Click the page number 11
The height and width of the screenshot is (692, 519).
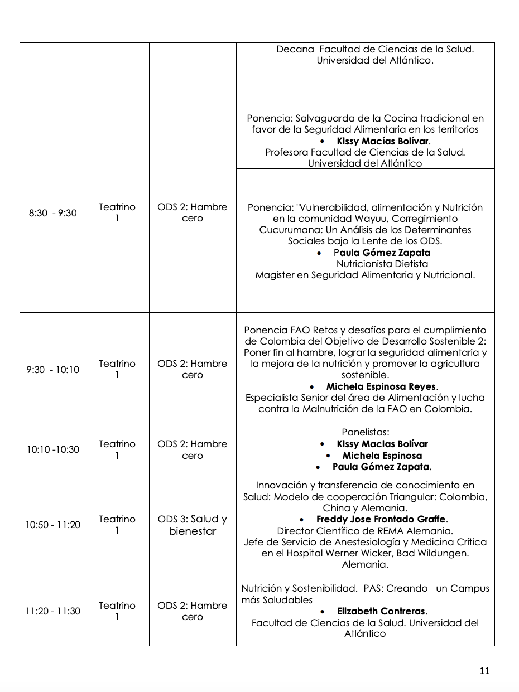point(484,671)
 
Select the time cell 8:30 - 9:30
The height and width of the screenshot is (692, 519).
point(53,213)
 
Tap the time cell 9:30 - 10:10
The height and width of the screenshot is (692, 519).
point(53,370)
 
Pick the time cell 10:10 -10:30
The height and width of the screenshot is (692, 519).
point(53,449)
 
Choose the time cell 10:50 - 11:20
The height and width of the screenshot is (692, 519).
point(53,525)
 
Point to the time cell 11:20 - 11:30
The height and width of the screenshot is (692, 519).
point(53,611)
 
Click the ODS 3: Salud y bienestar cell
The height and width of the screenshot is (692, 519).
point(193,525)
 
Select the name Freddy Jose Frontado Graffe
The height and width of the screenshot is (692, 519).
point(381,520)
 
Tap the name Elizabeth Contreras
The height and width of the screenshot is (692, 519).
point(382,611)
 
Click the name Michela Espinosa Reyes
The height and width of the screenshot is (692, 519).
point(382,386)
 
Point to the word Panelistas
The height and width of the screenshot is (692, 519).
point(364,432)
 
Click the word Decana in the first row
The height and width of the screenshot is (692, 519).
point(295,49)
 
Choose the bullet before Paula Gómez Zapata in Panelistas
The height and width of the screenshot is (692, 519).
point(318,467)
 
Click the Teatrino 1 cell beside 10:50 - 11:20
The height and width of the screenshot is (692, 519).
point(117,525)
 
